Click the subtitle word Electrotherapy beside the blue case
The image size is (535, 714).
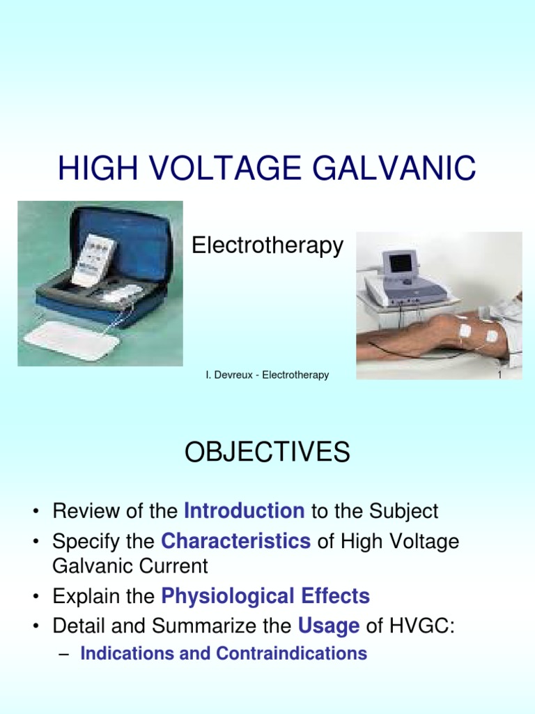pos(267,245)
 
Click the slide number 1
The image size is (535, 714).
pos(499,375)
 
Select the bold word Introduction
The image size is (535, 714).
pos(244,511)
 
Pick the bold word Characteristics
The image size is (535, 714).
pos(235,541)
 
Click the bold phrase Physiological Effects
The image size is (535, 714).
pos(265,596)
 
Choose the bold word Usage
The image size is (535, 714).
pos(329,626)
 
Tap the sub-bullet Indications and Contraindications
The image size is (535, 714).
pos(224,653)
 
